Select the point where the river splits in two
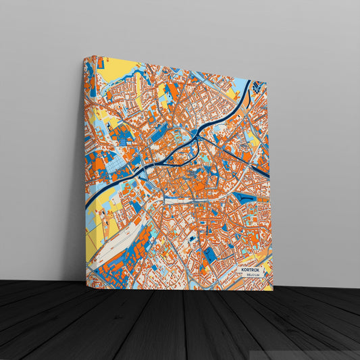[x=196, y=139]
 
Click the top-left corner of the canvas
[x=84, y=57]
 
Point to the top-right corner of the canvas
[x=267, y=83]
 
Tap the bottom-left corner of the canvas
[x=86, y=287]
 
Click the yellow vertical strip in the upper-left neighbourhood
[x=139, y=101]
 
